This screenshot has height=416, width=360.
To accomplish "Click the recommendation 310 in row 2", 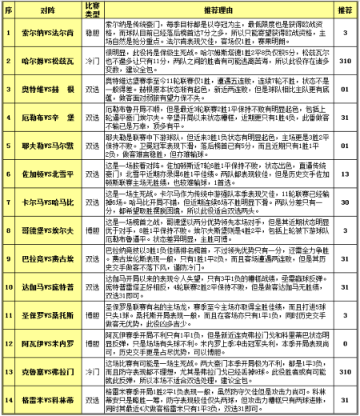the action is click(x=346, y=60).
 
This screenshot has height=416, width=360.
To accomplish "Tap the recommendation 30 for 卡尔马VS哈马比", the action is click(x=346, y=202).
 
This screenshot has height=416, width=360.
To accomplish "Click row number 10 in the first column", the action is click(x=7, y=285).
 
